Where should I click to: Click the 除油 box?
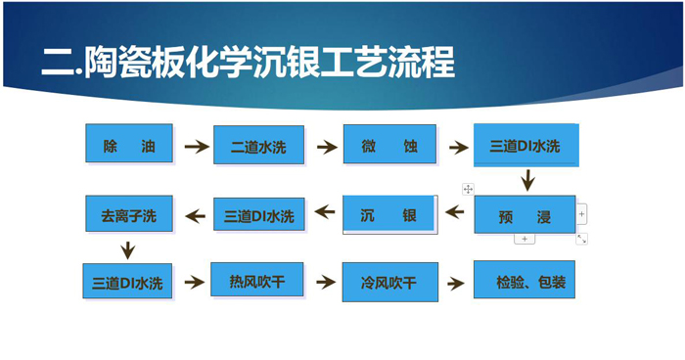(x=128, y=144)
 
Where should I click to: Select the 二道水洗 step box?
(x=258, y=147)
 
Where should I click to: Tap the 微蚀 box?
(x=388, y=146)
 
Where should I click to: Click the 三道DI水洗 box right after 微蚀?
(x=525, y=146)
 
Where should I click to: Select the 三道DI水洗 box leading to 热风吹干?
(x=128, y=283)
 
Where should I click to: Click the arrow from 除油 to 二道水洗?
(x=198, y=147)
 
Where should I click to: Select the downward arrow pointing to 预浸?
(x=527, y=180)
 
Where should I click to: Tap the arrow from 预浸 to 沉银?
(x=456, y=212)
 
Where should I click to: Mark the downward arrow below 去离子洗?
(x=128, y=248)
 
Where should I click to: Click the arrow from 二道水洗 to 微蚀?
(x=324, y=147)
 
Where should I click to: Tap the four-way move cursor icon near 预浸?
(x=469, y=188)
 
